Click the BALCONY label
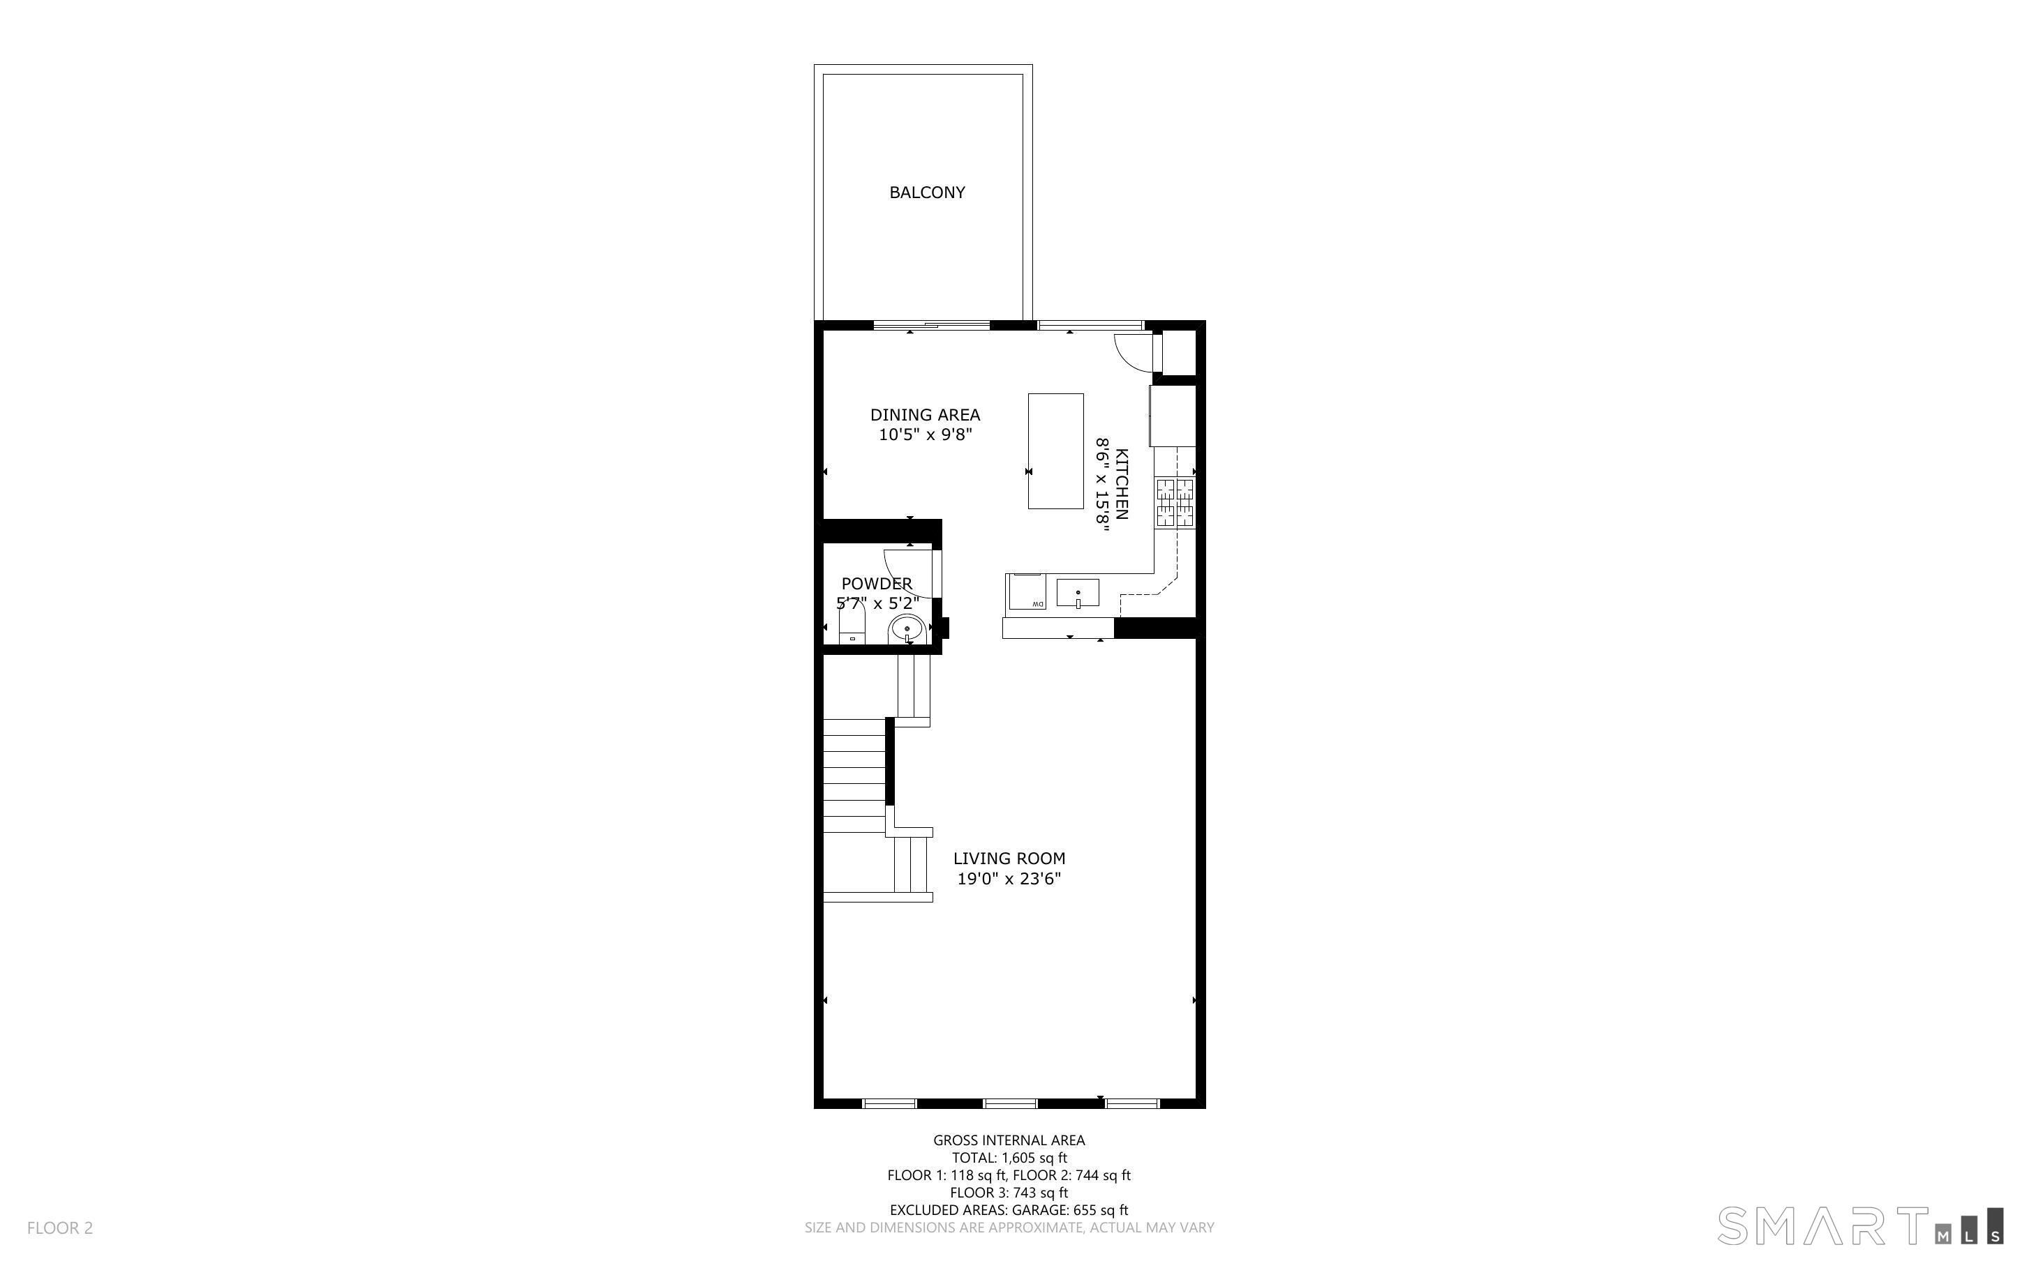(x=926, y=192)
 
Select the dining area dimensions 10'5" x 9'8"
(x=926, y=435)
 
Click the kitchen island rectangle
(x=1055, y=451)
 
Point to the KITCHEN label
(x=1122, y=484)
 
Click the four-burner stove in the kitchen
(x=1175, y=503)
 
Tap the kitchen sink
(x=1077, y=593)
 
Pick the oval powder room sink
(x=906, y=629)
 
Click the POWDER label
(x=876, y=584)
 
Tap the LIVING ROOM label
(x=1009, y=858)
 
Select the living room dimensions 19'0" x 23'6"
(x=1009, y=878)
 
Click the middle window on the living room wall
(x=1011, y=1103)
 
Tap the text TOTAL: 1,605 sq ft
(x=1009, y=1158)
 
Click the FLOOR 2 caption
(x=60, y=1228)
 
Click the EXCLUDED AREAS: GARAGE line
(x=1009, y=1210)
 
